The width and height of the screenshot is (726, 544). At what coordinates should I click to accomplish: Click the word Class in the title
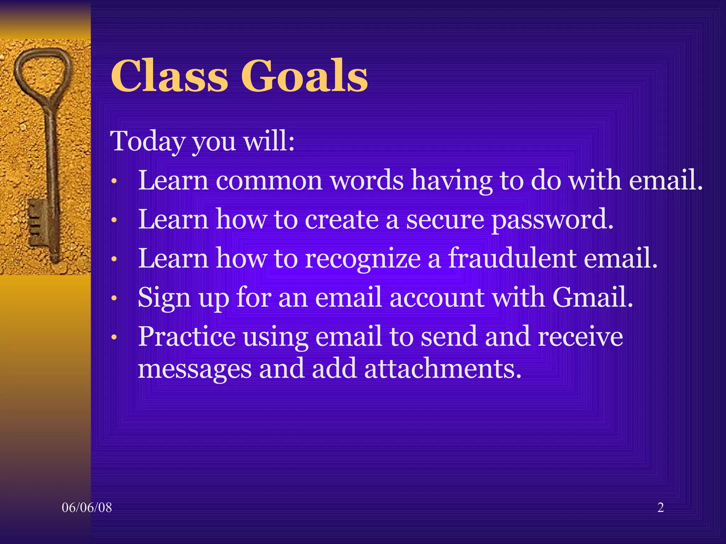169,76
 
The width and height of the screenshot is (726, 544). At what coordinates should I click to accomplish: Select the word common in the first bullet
269,181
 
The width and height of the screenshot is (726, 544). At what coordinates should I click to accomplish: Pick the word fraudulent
512,259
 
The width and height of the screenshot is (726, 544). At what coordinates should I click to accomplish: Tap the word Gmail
592,297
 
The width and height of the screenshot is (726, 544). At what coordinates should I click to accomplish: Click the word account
436,297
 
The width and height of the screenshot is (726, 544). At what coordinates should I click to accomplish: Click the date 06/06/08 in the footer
87,508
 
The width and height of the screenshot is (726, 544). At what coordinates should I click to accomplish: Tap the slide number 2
660,508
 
